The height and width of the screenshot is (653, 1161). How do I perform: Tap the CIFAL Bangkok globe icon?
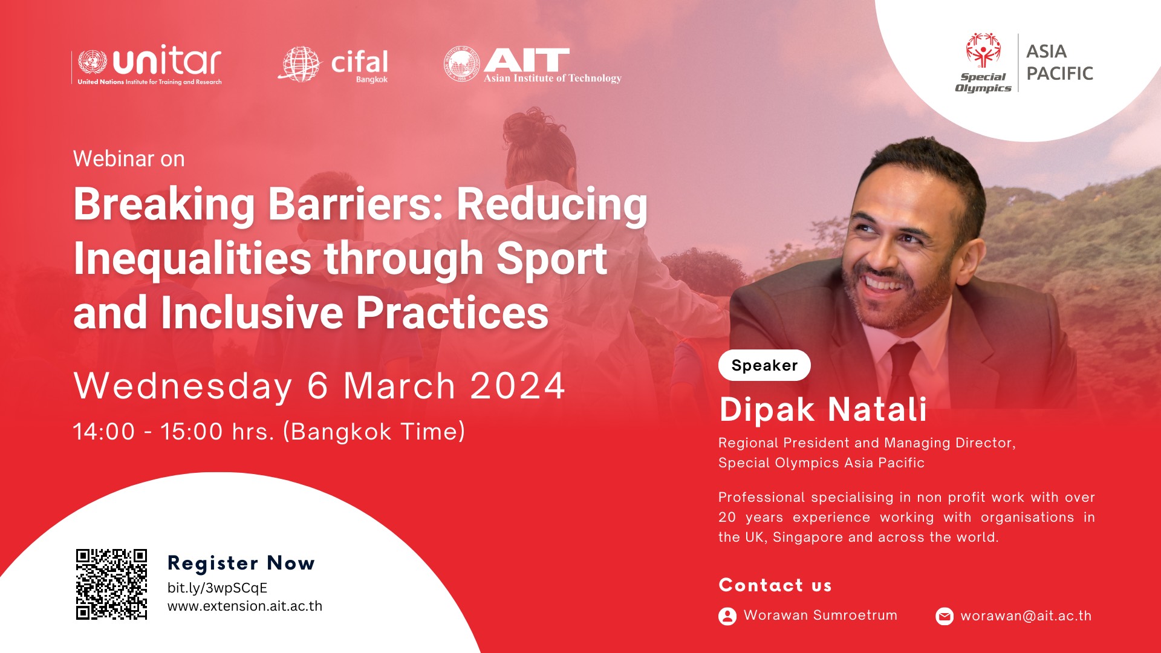[299, 64]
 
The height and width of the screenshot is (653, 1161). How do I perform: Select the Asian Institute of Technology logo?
[532, 65]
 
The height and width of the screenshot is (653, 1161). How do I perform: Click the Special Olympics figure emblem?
[983, 50]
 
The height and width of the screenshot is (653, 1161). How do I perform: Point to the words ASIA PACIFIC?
[1059, 62]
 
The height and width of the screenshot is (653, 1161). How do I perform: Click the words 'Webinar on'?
[129, 159]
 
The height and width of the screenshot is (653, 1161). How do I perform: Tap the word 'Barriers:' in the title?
[356, 204]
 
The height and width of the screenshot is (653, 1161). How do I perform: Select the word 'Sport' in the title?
[551, 259]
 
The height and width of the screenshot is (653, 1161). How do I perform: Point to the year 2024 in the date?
[518, 386]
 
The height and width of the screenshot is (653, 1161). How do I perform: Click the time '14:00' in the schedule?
[104, 432]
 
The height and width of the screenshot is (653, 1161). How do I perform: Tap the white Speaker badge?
[764, 365]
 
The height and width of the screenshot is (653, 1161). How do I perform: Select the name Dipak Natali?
[823, 409]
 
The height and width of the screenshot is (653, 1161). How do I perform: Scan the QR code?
[111, 584]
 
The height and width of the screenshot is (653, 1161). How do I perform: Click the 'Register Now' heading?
[241, 563]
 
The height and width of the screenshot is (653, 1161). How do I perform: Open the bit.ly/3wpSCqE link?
[217, 588]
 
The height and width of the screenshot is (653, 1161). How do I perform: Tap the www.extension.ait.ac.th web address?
[245, 606]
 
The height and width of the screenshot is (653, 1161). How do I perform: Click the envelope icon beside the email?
[945, 616]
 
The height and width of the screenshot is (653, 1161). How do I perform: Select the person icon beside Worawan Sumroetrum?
[727, 616]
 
